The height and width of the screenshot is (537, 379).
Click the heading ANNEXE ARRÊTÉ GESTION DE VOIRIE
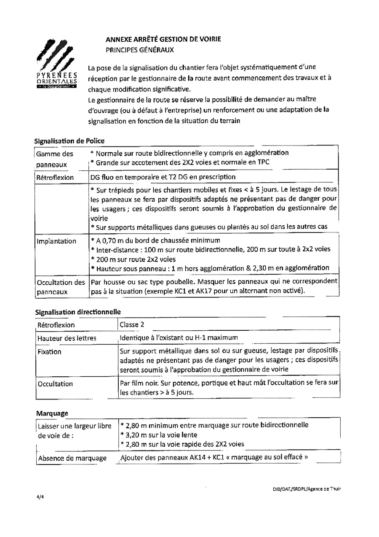[x=163, y=39]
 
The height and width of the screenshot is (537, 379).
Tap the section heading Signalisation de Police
[x=69, y=140]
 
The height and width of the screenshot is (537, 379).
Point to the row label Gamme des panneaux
[x=55, y=159]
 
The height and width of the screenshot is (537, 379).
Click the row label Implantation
[x=57, y=241]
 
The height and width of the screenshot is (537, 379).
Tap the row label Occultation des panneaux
[x=61, y=286]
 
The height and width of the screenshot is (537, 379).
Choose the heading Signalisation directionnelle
[x=77, y=312]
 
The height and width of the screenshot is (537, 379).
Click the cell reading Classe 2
[x=132, y=325]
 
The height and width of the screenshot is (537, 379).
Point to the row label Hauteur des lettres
[x=67, y=338]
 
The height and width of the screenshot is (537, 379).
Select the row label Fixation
[x=49, y=352]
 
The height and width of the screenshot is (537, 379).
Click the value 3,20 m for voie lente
[x=134, y=434]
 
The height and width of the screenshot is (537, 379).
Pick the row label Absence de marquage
[x=72, y=458]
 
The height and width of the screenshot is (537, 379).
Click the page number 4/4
[x=40, y=497]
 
